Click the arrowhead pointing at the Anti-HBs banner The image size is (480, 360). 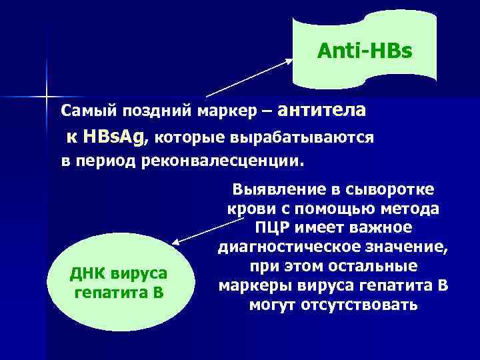tap(291, 59)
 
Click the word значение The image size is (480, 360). tap(413, 248)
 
